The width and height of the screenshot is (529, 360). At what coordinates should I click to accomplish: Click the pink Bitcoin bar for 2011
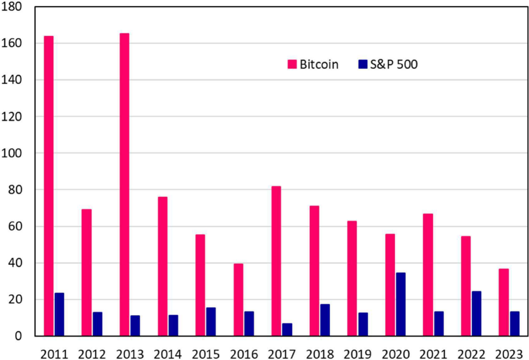click(x=48, y=185)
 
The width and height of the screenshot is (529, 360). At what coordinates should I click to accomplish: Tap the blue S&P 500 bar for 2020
click(x=400, y=304)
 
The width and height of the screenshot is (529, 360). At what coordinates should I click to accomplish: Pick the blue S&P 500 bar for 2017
click(x=287, y=330)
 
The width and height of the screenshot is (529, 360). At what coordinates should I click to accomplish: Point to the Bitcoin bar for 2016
click(x=238, y=300)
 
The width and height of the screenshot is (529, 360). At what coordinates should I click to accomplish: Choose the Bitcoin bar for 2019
click(x=352, y=278)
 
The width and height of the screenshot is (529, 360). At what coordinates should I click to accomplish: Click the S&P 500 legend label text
click(x=394, y=64)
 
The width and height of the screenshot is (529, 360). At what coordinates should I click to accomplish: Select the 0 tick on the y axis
click(x=18, y=336)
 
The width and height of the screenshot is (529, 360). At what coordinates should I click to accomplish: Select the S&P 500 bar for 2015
click(x=211, y=322)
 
